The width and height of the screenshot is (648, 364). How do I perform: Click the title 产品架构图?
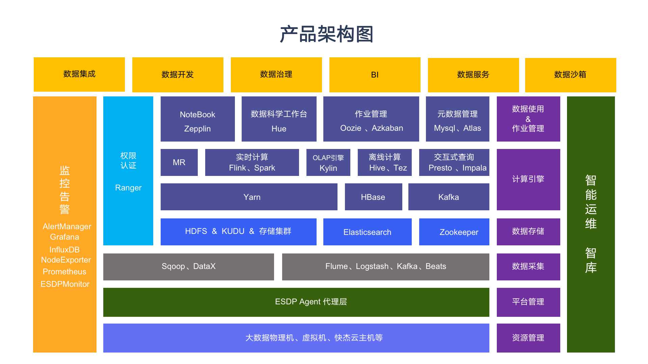[x=326, y=34]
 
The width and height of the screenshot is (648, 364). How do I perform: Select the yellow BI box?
[x=375, y=75]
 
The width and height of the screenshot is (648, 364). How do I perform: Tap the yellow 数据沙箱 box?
[x=570, y=75]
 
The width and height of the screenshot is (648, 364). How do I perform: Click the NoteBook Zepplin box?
[x=197, y=119]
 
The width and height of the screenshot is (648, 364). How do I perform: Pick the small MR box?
[x=179, y=162]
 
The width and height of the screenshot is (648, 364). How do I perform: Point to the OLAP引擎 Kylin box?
[x=328, y=162]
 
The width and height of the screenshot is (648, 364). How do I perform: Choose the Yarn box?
[x=249, y=197]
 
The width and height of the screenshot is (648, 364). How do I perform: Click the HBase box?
[x=373, y=197]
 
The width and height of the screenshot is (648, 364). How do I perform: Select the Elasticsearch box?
[x=367, y=232]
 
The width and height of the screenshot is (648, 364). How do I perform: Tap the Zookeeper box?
[x=454, y=232]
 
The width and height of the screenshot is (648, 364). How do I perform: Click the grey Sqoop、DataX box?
[x=188, y=267]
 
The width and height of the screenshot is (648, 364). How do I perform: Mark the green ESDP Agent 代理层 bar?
[x=296, y=302]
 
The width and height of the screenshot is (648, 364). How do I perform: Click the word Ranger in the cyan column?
[x=128, y=188]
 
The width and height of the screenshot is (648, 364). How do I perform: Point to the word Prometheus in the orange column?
[x=64, y=272]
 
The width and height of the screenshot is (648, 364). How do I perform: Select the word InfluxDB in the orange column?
[x=64, y=250]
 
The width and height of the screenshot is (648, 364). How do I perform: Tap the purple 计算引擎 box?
[x=528, y=179]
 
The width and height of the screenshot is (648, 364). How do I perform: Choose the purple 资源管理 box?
[x=528, y=338]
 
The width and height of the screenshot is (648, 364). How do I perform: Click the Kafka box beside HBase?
[x=449, y=197]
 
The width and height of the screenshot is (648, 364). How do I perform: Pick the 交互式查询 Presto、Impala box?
[x=454, y=162]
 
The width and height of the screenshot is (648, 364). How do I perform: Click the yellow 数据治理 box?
[x=276, y=75]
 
